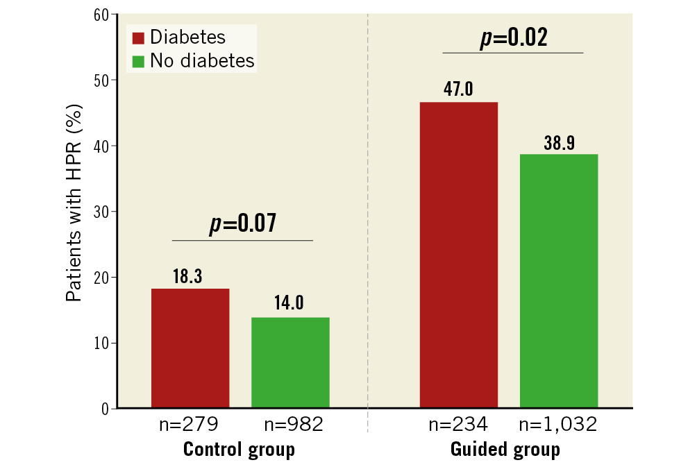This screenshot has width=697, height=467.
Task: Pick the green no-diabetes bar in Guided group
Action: click(559, 281)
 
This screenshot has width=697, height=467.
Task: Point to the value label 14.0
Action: click(290, 305)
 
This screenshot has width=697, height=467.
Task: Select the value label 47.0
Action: click(459, 90)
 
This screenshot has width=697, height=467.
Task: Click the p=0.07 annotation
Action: click(242, 223)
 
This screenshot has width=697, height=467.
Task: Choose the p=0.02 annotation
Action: click(513, 37)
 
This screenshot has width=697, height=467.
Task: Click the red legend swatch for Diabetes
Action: click(137, 37)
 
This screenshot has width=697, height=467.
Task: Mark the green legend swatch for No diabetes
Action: click(137, 61)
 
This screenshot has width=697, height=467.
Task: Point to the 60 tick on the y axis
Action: click(101, 15)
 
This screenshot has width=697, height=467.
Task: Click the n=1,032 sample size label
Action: click(559, 425)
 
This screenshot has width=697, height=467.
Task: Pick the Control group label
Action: click(239, 450)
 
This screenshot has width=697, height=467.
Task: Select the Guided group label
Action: click(505, 450)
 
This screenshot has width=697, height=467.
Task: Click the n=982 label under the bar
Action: click(290, 425)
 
